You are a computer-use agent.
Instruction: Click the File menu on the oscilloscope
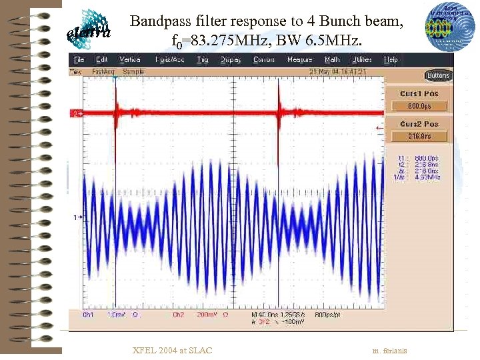pos(78,60)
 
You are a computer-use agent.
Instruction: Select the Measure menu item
pos(299,60)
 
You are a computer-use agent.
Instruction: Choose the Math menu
pos(332,60)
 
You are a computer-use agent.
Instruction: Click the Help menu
pos(391,60)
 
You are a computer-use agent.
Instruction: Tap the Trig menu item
pos(203,60)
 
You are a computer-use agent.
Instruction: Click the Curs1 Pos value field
pos(418,105)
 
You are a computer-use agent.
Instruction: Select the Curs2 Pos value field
pos(418,136)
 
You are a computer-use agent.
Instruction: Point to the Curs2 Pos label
pos(419,124)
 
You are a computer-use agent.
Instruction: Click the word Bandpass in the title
pos(157,22)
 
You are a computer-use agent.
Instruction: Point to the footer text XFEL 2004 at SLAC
pos(173,351)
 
